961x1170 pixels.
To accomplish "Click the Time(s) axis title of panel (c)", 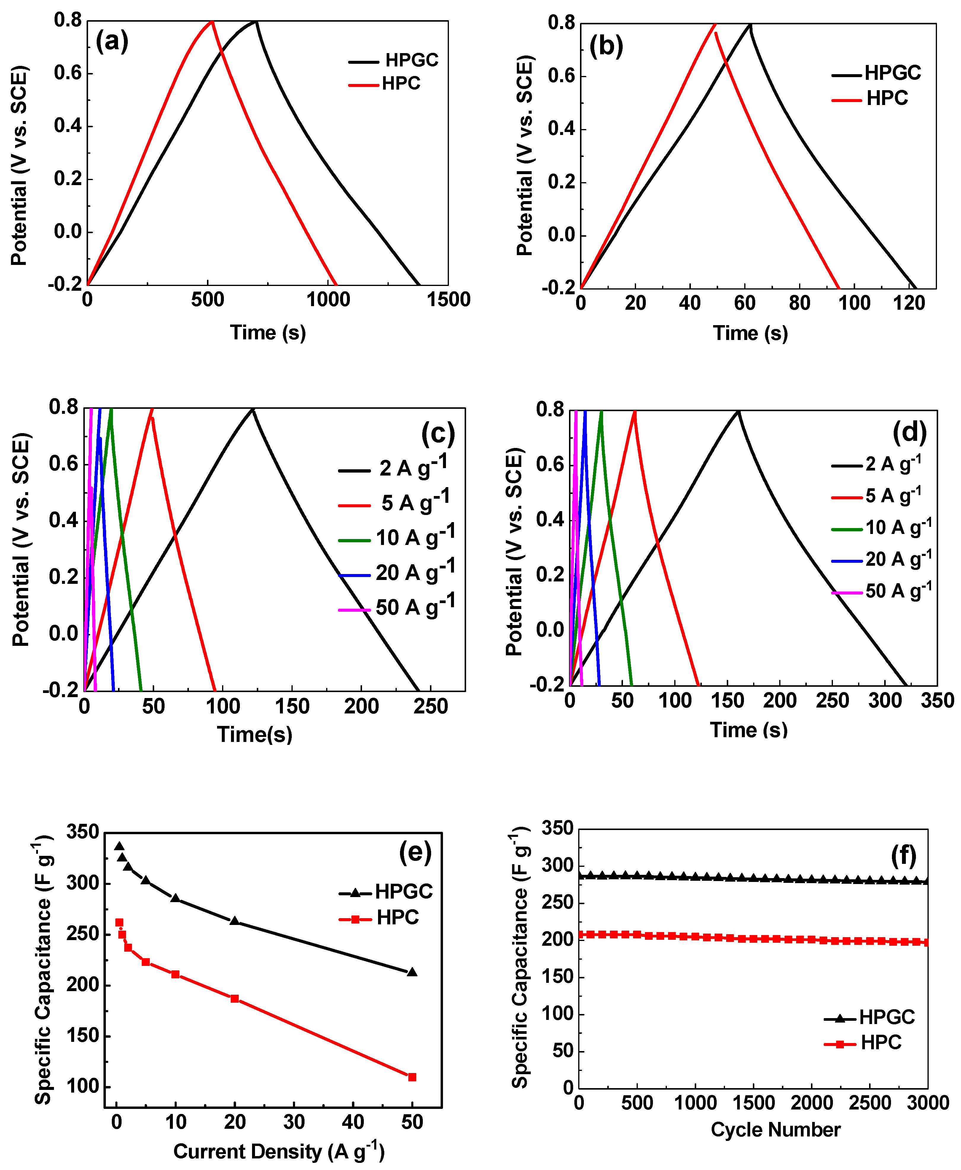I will pos(255,734).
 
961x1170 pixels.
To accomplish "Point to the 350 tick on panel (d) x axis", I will pos(937,700).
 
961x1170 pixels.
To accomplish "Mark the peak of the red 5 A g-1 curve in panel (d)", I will pos(635,411).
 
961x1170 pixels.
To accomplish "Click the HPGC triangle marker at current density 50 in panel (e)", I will pos(412,972).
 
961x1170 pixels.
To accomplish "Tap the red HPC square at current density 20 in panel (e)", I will pos(235,998).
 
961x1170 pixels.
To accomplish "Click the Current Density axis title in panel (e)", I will pos(278,1151).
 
